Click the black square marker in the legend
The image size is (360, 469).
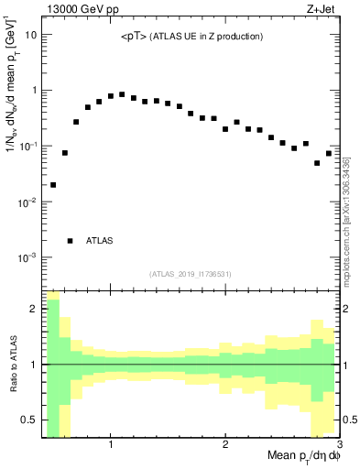pyautogui.click(x=71, y=241)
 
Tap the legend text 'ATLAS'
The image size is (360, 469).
pyautogui.click(x=100, y=241)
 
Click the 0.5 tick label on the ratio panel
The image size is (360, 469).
pyautogui.click(x=29, y=420)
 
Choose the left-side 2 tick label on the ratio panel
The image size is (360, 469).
pyautogui.click(x=34, y=309)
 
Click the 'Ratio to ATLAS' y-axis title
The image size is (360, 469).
pyautogui.click(x=12, y=364)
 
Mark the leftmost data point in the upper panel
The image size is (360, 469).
pyautogui.click(x=53, y=185)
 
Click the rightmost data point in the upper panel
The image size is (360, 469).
pyautogui.click(x=329, y=153)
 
